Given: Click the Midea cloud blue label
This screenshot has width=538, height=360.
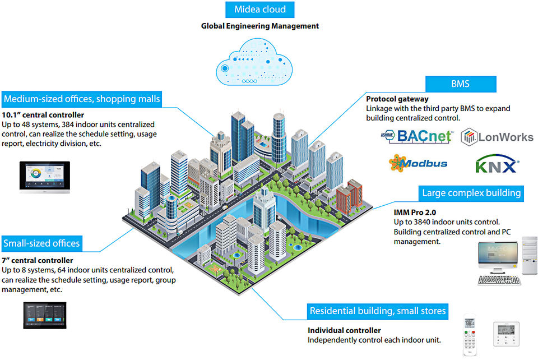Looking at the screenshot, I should pyautogui.click(x=259, y=10).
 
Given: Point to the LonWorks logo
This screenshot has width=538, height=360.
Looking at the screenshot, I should pyautogui.click(x=497, y=137).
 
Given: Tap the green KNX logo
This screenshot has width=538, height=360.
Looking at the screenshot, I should pyautogui.click(x=497, y=166).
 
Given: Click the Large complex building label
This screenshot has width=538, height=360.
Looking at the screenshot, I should pyautogui.click(x=471, y=193).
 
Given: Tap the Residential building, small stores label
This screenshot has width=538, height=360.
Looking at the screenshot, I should pyautogui.click(x=378, y=311).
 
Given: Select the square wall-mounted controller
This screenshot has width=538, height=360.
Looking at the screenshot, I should pyautogui.click(x=507, y=334).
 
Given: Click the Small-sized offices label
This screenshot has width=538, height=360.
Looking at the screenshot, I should pyautogui.click(x=41, y=243).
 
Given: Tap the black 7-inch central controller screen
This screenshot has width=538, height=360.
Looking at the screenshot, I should pyautogui.click(x=44, y=316).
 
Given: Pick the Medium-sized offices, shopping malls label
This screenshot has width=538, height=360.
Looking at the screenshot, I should pyautogui.click(x=82, y=100).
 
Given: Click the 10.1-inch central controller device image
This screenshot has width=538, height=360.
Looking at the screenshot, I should pyautogui.click(x=44, y=178).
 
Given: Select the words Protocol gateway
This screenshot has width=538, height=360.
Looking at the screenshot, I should pyautogui.click(x=397, y=99).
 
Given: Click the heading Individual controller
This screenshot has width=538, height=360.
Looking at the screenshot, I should pyautogui.click(x=344, y=331).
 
